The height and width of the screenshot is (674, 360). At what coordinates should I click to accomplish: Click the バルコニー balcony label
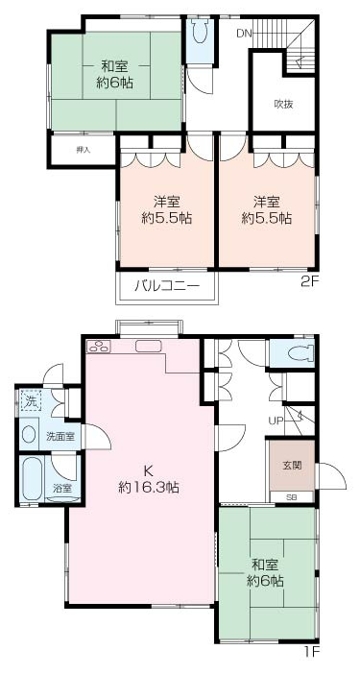click(166, 285)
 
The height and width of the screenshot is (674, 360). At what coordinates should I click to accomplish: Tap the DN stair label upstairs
click(245, 33)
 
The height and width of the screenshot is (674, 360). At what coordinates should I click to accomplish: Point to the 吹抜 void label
click(283, 104)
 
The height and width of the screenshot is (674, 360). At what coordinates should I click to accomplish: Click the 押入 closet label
click(83, 151)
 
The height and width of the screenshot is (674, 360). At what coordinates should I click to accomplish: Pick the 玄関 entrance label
click(291, 465)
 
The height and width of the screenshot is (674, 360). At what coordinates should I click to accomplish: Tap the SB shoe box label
click(292, 496)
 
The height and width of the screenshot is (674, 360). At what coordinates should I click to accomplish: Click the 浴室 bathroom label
click(62, 489)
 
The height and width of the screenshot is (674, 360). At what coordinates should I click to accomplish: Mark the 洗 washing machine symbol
click(31, 400)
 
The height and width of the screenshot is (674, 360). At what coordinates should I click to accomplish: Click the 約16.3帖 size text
click(148, 487)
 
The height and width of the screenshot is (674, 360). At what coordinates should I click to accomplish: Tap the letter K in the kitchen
click(149, 470)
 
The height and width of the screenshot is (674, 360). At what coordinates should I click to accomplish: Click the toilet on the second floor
click(199, 36)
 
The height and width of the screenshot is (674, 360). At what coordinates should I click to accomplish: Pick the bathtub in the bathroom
click(33, 477)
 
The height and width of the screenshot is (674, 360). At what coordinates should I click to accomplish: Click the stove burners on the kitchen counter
click(97, 347)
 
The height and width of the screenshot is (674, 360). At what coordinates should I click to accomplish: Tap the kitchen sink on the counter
click(149, 346)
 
